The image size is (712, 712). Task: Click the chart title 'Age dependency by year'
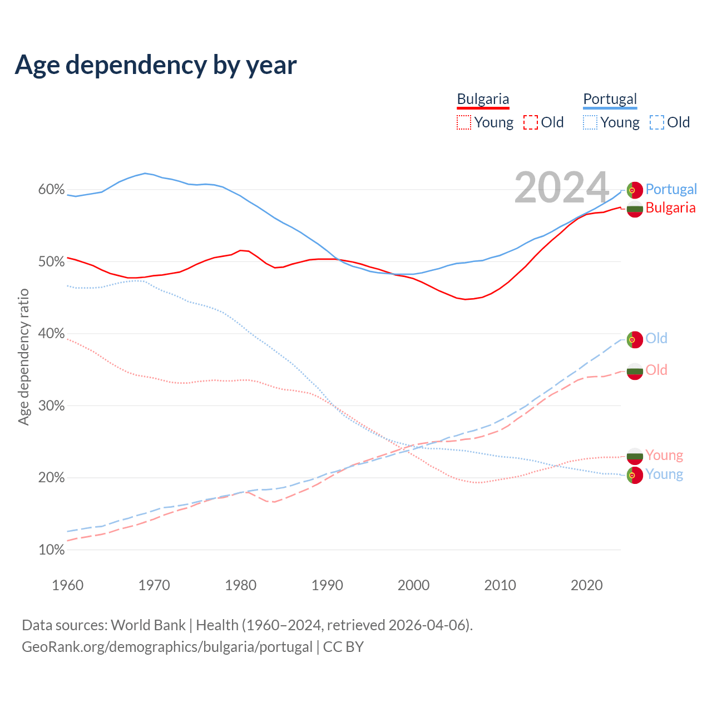point(156,65)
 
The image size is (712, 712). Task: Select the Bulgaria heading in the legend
point(483,99)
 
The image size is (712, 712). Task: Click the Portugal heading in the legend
point(610,99)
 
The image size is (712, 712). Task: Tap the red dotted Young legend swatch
point(464,122)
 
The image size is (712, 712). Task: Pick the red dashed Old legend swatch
point(531,122)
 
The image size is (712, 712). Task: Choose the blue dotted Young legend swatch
point(590,122)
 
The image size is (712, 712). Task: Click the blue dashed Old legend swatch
point(657,122)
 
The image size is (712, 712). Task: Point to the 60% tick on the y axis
point(51,190)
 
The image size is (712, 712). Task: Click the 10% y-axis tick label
point(51,550)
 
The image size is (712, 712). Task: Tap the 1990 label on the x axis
point(327,585)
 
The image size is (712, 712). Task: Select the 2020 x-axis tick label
point(587,585)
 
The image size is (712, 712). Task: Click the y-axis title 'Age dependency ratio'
point(23,357)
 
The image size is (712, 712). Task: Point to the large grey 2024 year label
point(562,187)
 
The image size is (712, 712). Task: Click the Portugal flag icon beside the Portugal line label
point(635,190)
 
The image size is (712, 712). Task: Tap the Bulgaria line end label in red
point(670,208)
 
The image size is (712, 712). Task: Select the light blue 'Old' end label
point(656,338)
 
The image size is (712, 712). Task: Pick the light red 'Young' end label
point(664,455)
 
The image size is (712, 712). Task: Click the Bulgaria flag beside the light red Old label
point(635,371)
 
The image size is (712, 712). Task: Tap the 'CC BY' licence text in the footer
point(343,647)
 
